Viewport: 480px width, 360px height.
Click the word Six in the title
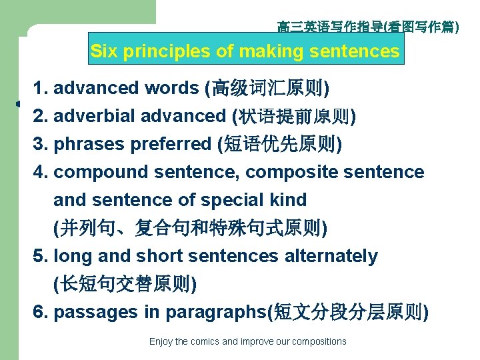point(103,51)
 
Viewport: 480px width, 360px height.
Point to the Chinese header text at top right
point(368,27)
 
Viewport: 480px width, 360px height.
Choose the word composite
point(289,172)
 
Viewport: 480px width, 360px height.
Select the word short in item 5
point(159,256)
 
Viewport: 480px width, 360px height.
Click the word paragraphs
point(215,312)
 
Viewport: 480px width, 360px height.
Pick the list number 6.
point(39,312)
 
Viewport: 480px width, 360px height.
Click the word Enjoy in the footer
point(161,341)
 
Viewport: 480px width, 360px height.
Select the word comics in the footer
point(204,341)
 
